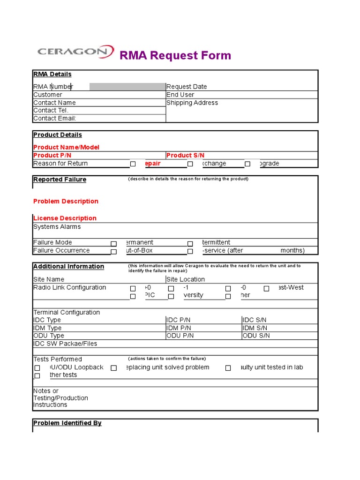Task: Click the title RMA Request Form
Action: point(175,55)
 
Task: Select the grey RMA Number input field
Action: point(127,86)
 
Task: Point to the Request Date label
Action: point(187,87)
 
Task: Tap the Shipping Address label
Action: point(192,103)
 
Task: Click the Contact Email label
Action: point(55,119)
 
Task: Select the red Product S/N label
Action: point(185,155)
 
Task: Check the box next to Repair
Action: point(133,164)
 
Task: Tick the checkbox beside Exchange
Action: point(190,164)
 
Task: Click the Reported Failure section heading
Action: point(60,180)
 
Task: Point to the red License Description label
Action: point(65,218)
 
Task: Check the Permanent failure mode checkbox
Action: point(113,244)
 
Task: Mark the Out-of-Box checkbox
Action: point(113,252)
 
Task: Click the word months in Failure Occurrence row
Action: point(292,250)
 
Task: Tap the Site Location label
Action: point(186,279)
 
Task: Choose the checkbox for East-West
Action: point(266,289)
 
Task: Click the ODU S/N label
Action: point(256,336)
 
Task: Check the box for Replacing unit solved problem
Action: point(113,368)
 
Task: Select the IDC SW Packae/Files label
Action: point(65,344)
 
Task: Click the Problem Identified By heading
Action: point(67,423)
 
